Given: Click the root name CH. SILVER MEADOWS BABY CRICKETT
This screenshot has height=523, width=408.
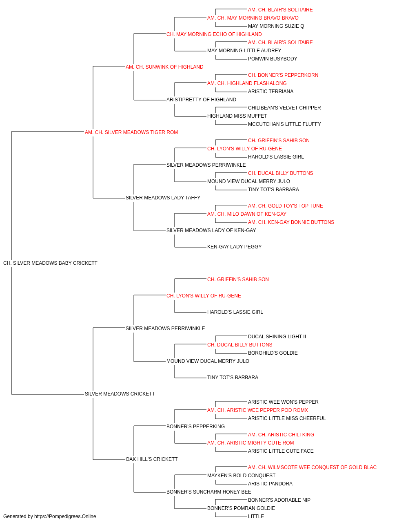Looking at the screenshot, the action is click(x=50, y=263).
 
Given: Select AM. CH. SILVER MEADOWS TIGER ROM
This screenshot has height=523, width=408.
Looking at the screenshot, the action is click(x=131, y=132).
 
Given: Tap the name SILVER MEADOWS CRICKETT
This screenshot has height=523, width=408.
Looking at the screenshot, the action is click(x=120, y=394).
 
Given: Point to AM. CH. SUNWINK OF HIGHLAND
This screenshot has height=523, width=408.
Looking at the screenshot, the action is click(x=164, y=67).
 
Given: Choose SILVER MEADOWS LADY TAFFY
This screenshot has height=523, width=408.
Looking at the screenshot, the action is click(x=163, y=198).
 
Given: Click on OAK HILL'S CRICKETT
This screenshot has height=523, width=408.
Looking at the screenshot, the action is click(x=151, y=459).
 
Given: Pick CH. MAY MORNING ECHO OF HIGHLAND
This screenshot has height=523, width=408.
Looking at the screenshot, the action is click(x=214, y=34).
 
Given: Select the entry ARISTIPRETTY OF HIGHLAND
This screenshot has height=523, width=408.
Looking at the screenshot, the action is click(x=202, y=100).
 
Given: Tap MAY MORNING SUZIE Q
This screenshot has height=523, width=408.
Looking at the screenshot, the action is click(x=276, y=26).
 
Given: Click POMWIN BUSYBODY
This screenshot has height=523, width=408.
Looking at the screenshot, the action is click(x=273, y=59).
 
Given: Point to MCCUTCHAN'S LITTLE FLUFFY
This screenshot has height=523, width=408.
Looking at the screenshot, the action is click(x=284, y=124).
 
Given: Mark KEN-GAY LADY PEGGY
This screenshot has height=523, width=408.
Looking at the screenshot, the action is click(x=234, y=247).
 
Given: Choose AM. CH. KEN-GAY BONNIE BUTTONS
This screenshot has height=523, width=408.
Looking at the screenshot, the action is click(x=291, y=222).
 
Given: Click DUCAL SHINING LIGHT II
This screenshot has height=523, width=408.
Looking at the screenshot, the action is click(x=277, y=336).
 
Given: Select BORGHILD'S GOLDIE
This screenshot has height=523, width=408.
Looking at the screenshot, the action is click(x=273, y=353).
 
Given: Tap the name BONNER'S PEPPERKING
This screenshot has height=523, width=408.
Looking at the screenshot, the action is click(x=195, y=427).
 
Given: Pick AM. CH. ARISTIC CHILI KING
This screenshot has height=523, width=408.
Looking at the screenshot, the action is click(x=281, y=435).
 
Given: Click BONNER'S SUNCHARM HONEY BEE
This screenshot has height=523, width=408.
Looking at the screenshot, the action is click(x=208, y=492).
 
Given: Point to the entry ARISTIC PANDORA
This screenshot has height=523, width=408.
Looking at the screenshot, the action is click(x=270, y=484).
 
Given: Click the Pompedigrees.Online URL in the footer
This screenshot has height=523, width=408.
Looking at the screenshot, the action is click(x=65, y=516).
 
